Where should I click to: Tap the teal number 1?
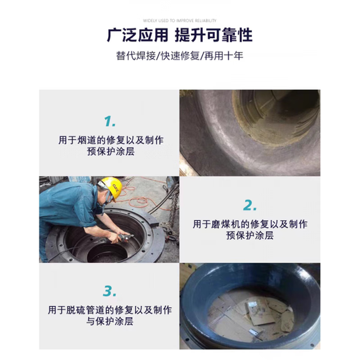click(110, 122)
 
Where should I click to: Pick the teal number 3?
click(110, 290)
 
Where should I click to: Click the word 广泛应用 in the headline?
click(132, 34)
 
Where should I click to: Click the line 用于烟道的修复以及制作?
click(111, 139)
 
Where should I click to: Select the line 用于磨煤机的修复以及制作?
click(249, 224)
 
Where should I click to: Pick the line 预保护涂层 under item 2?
click(249, 236)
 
